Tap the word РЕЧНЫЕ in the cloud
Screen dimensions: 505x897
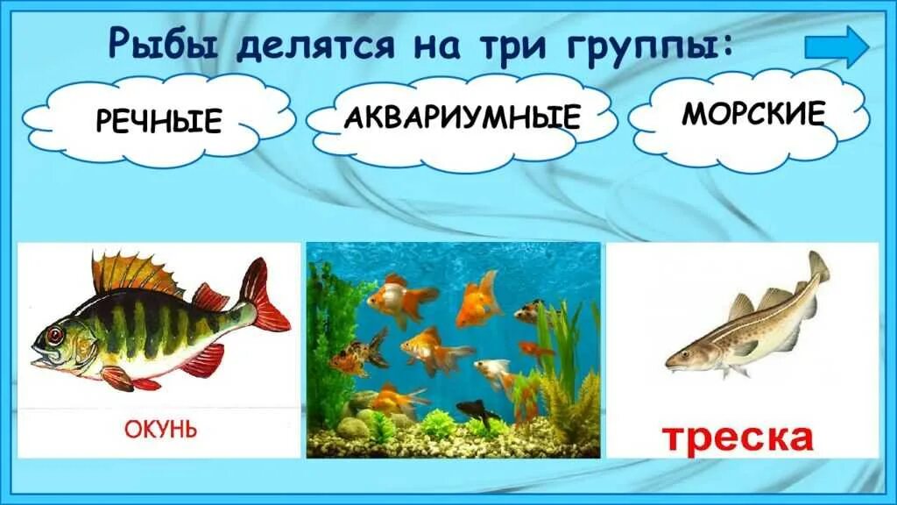159,120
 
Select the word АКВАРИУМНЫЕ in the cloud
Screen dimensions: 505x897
463,116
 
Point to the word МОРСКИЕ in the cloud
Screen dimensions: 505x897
754,113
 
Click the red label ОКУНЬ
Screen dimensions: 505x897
159,430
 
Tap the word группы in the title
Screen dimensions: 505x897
656,46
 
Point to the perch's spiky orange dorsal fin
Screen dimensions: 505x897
131,272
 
